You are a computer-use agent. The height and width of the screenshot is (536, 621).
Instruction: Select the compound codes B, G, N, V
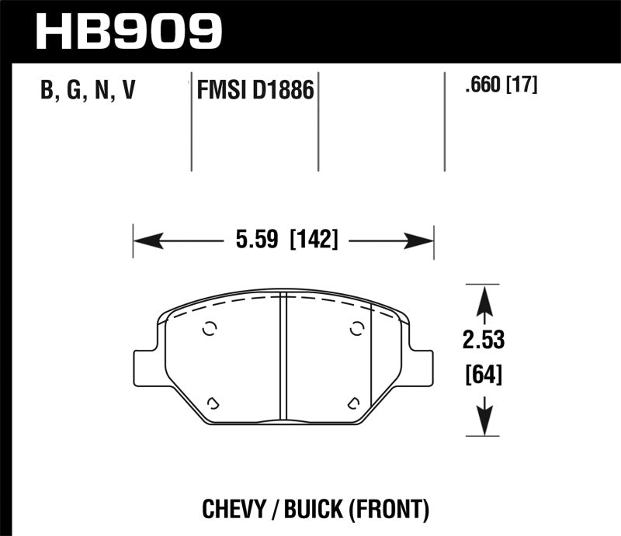click(x=88, y=92)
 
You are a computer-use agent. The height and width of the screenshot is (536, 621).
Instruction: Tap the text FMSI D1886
click(x=253, y=92)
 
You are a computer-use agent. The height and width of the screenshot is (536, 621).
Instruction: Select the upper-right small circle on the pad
click(x=356, y=328)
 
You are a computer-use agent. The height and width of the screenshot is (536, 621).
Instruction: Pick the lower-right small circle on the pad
click(x=353, y=402)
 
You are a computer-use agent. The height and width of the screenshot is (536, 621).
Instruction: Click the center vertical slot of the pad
click(x=283, y=357)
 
